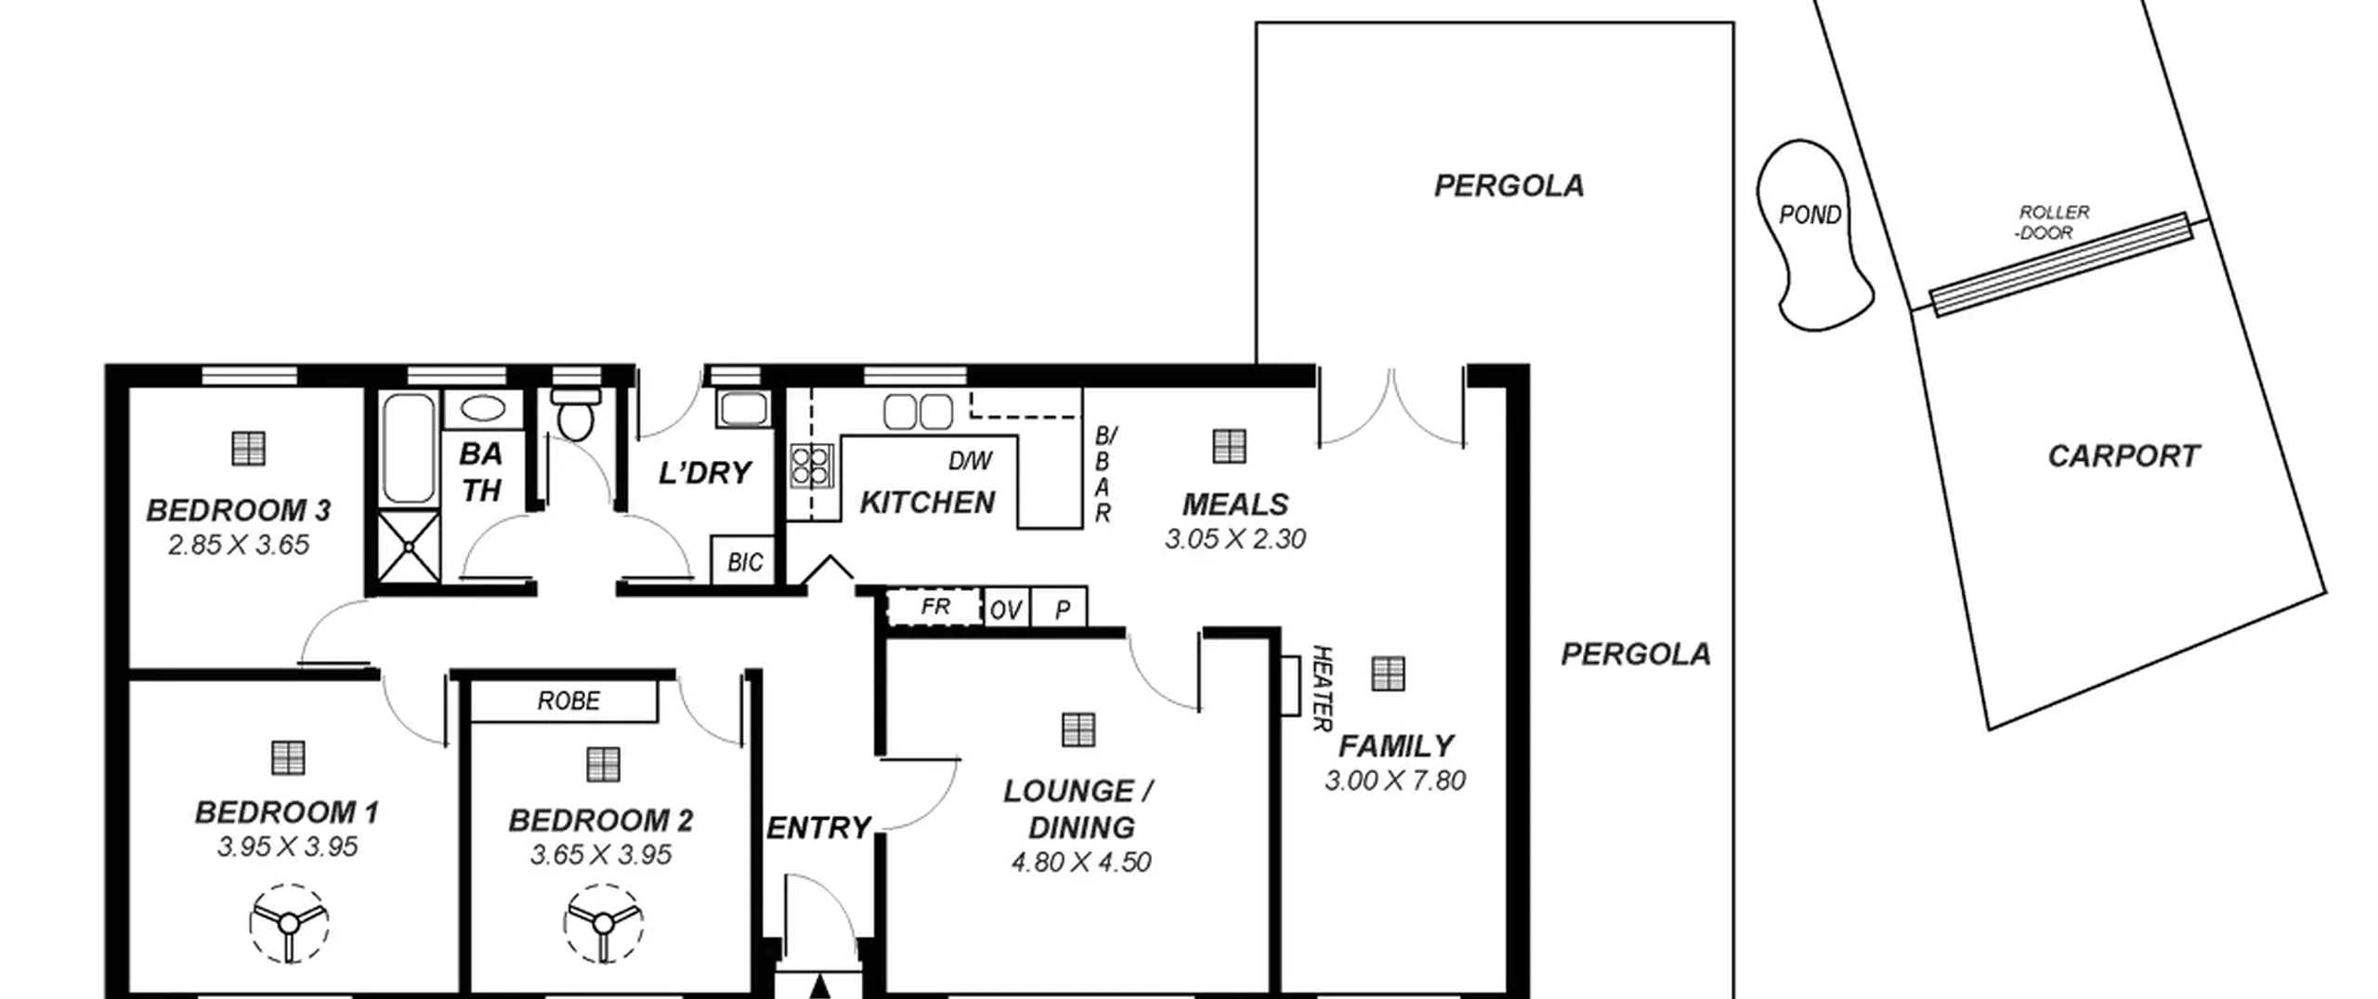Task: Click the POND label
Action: pyautogui.click(x=1810, y=216)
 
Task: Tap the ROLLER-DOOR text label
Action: pyautogui.click(x=2051, y=223)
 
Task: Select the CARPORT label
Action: pyautogui.click(x=2123, y=456)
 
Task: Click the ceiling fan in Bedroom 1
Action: pyautogui.click(x=289, y=924)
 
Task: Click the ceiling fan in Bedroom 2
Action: pyautogui.click(x=604, y=924)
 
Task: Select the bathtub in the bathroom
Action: pyautogui.click(x=409, y=447)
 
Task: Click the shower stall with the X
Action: pyautogui.click(x=409, y=546)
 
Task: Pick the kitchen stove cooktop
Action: pyautogui.click(x=811, y=466)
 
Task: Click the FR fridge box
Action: pyautogui.click(x=934, y=608)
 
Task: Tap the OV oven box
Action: pyautogui.click(x=1006, y=610)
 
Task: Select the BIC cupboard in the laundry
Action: pyautogui.click(x=743, y=560)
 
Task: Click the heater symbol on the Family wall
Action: pyautogui.click(x=1290, y=686)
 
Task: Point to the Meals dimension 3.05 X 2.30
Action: pyautogui.click(x=1235, y=539)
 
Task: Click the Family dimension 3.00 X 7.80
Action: pyautogui.click(x=1395, y=781)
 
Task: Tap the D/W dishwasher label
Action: pyautogui.click(x=971, y=461)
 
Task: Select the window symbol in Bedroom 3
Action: pyautogui.click(x=248, y=448)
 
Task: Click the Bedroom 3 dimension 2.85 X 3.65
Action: pyautogui.click(x=239, y=545)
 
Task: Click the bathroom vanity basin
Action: pyautogui.click(x=483, y=409)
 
